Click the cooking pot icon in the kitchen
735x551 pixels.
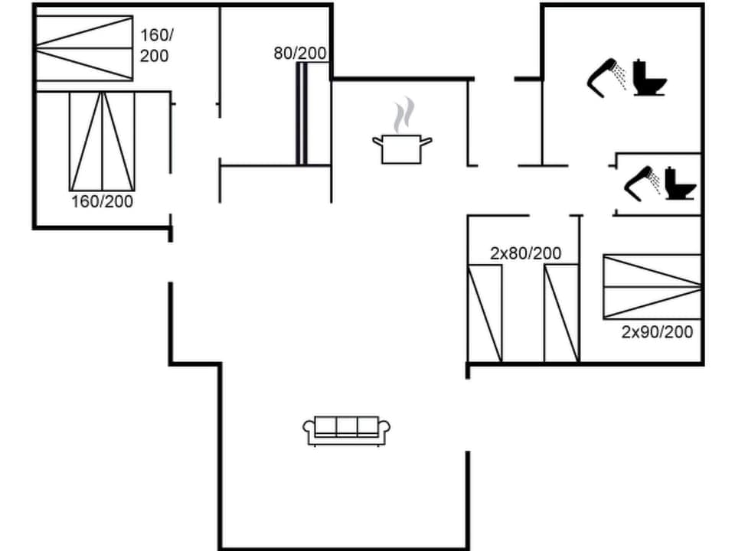click(x=402, y=148)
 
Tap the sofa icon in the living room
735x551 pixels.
click(x=347, y=430)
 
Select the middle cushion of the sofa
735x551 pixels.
click(x=347, y=426)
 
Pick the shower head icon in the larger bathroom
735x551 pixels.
click(x=606, y=75)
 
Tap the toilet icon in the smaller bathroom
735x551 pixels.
click(x=678, y=184)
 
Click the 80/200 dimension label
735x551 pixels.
click(x=300, y=54)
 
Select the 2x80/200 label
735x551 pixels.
click(x=525, y=253)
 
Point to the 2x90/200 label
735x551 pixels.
click(x=657, y=332)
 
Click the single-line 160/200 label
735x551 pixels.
click(x=102, y=202)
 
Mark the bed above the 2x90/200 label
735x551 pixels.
click(x=652, y=286)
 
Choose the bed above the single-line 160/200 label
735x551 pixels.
click(x=102, y=142)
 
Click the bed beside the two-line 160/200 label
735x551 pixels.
click(x=83, y=48)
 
